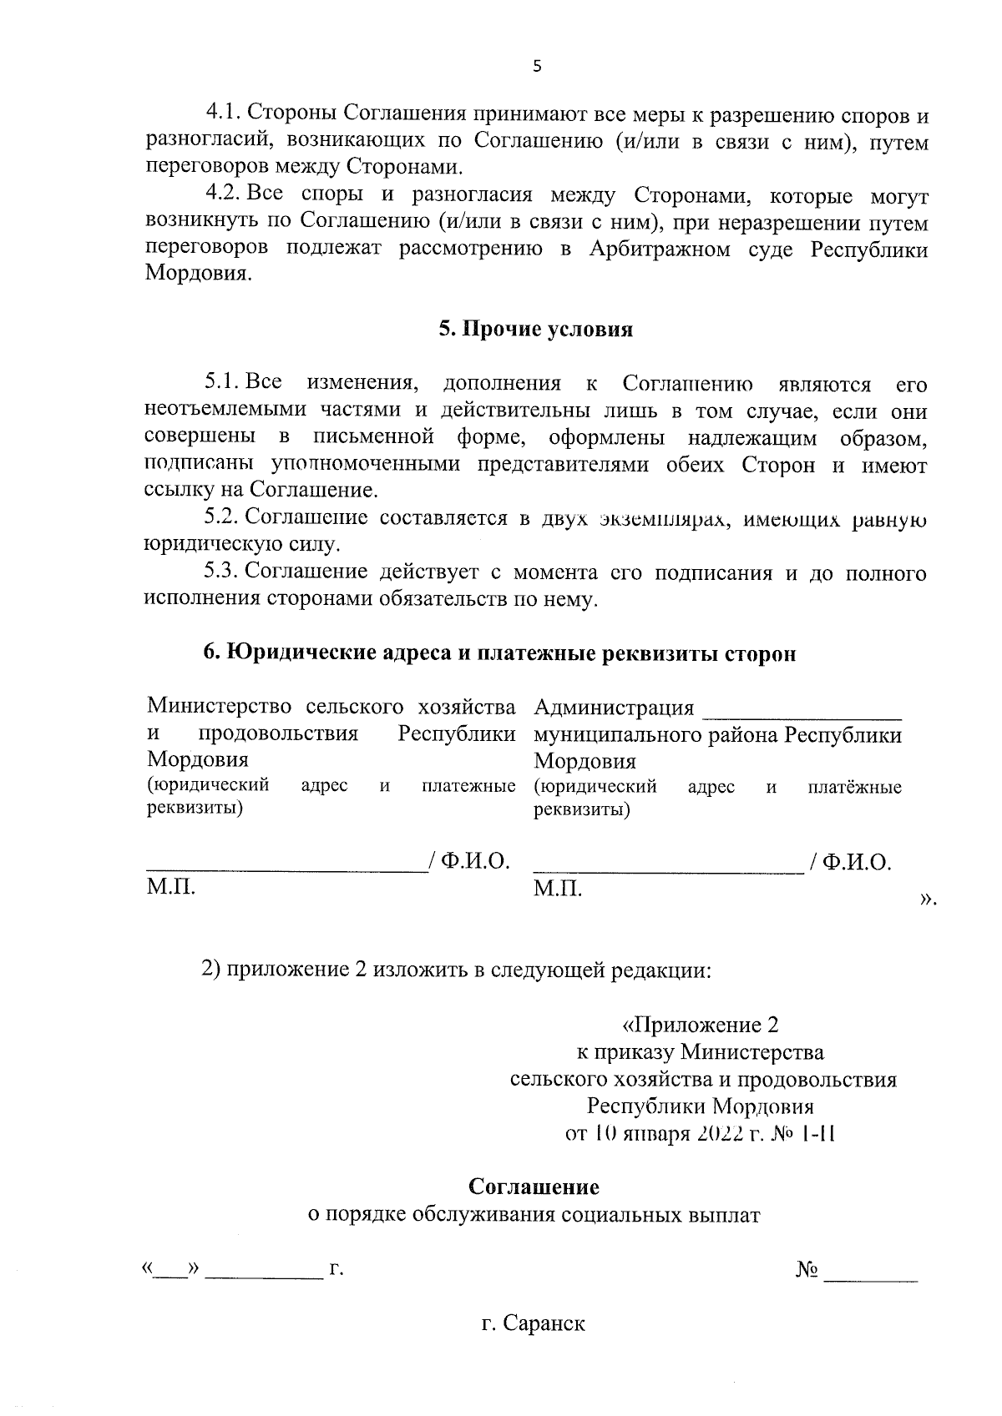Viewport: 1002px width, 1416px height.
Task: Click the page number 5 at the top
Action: coord(536,67)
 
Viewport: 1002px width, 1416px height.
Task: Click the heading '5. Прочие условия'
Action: coord(536,330)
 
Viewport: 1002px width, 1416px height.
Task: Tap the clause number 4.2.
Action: coord(223,195)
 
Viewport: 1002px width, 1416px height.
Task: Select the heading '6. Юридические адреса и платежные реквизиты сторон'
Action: coord(499,654)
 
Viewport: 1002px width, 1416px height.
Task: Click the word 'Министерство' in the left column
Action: coord(220,708)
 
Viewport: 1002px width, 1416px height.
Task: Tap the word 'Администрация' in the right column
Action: coord(614,708)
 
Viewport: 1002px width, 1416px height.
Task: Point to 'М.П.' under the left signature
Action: coord(171,887)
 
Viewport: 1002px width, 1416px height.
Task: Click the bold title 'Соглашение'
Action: coord(534,1187)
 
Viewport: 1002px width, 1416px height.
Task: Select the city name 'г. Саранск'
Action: coord(534,1324)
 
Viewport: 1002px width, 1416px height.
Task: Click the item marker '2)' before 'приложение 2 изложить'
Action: coord(211,970)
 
